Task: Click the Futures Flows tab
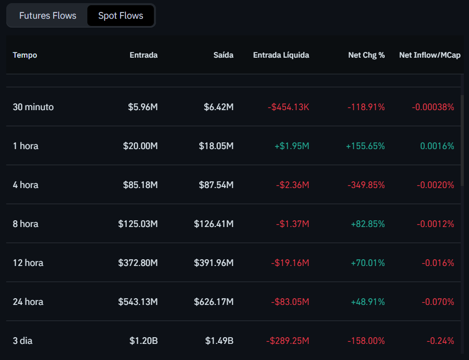(48, 16)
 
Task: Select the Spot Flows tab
(121, 16)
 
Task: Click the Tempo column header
(25, 55)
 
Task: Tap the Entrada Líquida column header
(281, 55)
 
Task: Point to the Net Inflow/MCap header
(429, 55)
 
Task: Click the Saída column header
(224, 55)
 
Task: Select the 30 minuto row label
(33, 107)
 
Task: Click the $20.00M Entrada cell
(140, 146)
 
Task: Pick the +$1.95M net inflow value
(292, 146)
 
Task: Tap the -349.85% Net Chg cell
(366, 185)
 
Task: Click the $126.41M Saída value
(214, 224)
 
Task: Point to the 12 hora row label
(28, 263)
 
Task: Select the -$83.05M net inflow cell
(290, 302)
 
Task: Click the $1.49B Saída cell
(219, 341)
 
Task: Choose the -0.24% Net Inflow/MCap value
(440, 341)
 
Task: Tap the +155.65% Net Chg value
(365, 146)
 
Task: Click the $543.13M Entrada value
(138, 302)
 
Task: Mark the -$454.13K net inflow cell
(288, 107)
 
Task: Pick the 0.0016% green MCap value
(437, 146)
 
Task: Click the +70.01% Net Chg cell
(367, 263)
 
